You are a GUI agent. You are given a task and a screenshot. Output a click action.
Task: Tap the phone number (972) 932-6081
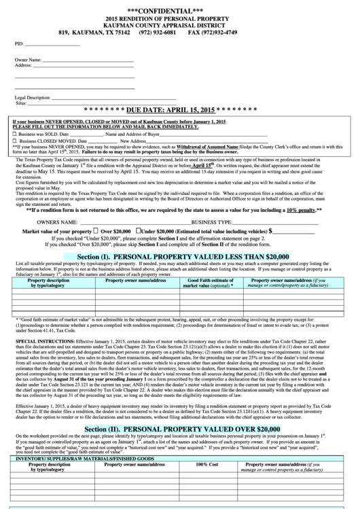coord(158,32)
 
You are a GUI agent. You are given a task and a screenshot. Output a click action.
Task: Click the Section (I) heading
coord(179,256)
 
